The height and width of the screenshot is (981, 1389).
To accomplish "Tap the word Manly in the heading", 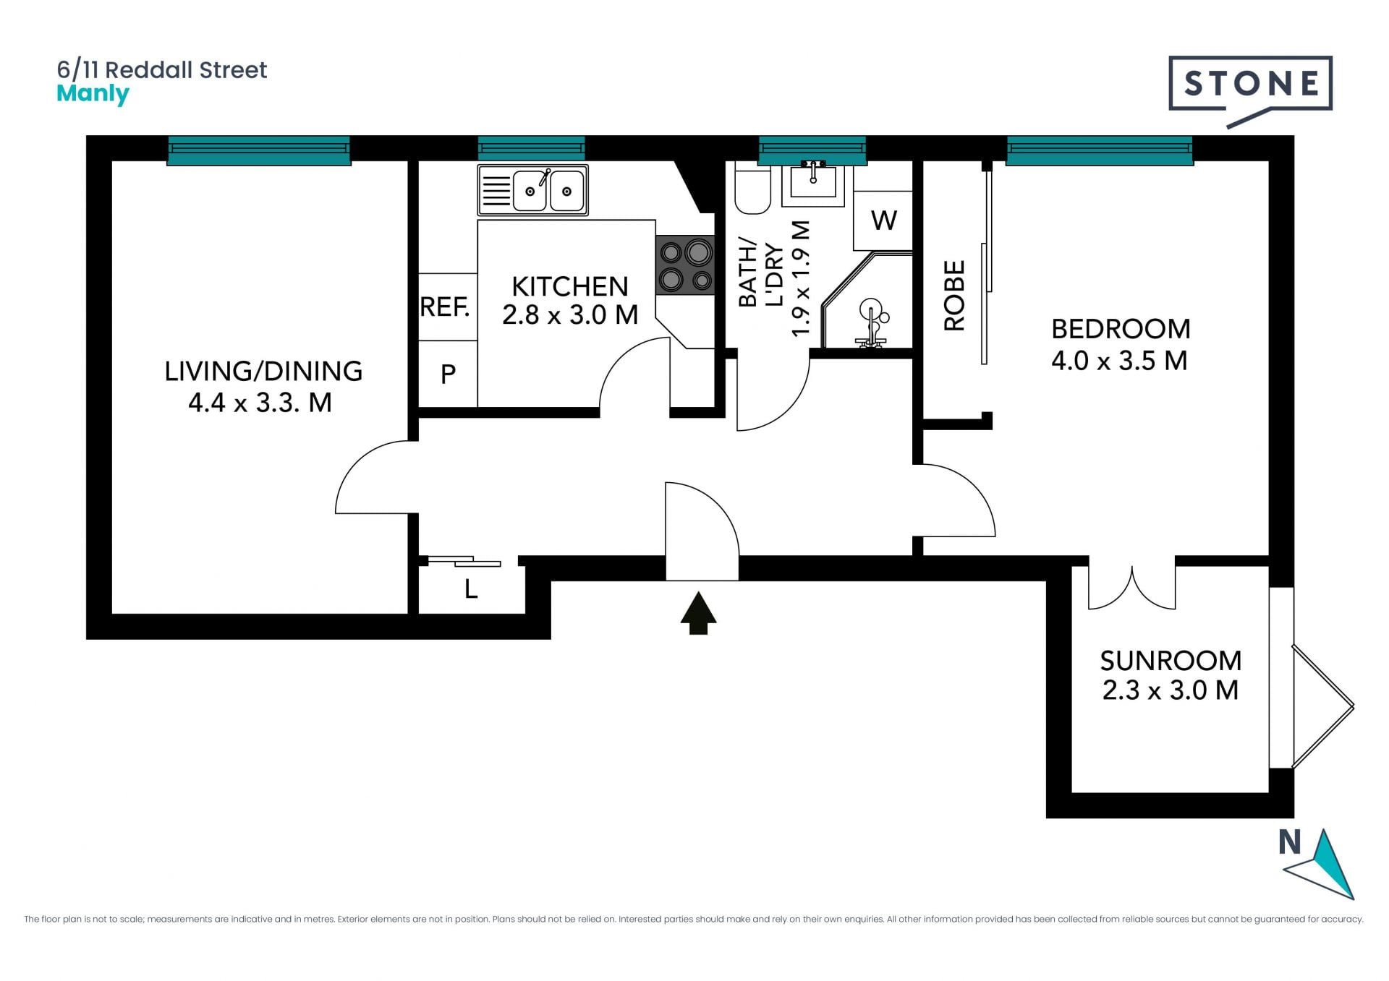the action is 93,94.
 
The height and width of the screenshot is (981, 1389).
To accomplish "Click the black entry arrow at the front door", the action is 698,613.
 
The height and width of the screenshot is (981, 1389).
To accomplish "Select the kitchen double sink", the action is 532,190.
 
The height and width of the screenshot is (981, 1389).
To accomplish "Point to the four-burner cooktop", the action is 684,266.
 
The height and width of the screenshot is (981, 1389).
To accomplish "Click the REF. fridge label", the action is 445,307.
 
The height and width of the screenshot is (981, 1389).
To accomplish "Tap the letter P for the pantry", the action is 448,374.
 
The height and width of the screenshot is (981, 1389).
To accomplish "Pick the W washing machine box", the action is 884,220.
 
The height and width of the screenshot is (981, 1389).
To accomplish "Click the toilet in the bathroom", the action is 752,188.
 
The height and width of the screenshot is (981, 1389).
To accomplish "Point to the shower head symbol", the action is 872,322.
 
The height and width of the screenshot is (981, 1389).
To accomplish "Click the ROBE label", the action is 955,296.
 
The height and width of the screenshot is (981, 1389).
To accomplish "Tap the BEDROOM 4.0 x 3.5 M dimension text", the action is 1120,360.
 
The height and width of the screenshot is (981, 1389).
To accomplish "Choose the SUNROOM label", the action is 1171,661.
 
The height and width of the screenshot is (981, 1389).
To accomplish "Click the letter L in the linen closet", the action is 471,590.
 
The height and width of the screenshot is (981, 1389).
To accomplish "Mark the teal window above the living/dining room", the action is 259,150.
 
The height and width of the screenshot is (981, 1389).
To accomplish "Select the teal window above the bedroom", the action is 1100,150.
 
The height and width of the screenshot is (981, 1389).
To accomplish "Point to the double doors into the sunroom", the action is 1132,588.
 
